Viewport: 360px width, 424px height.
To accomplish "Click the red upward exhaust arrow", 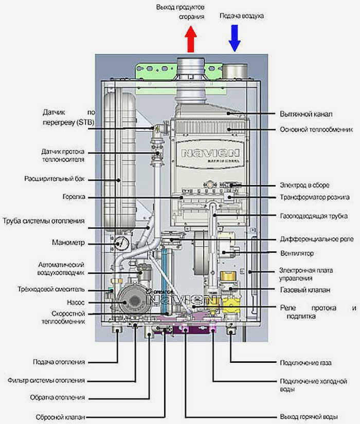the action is point(191,39).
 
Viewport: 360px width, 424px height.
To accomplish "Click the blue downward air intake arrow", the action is point(235,38).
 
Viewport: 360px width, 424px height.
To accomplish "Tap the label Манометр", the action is point(68,243).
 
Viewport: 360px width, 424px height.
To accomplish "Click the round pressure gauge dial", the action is point(121,244).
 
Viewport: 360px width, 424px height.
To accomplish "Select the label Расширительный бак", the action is point(55,179).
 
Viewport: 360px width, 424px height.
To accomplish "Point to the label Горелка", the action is point(74,197).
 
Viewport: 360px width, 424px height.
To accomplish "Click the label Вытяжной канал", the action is point(306,114).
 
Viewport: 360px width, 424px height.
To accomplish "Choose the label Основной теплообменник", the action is point(316,130).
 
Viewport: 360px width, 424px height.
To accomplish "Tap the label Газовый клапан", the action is point(305,290).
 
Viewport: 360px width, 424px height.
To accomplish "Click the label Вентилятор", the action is point(297,253).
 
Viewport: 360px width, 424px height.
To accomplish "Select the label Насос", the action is point(76,302).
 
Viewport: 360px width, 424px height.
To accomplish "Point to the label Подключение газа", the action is point(305,363).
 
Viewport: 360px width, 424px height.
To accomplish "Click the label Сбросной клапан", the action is point(60,417).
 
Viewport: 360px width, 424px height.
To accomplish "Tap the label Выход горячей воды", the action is point(309,416).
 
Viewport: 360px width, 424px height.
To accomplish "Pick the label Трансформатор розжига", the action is point(315,197).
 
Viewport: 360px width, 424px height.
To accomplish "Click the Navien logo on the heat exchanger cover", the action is point(210,153).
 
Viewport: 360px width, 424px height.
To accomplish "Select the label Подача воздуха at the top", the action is point(241,16).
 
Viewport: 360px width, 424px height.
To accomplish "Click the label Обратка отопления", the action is point(58,397).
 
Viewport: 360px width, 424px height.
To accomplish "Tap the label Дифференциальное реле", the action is point(317,239).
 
